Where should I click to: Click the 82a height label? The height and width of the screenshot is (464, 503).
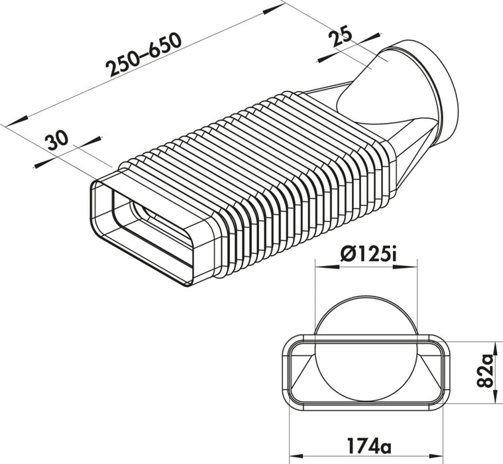click(488, 371)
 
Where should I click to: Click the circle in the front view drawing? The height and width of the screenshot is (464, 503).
click(366, 351)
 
